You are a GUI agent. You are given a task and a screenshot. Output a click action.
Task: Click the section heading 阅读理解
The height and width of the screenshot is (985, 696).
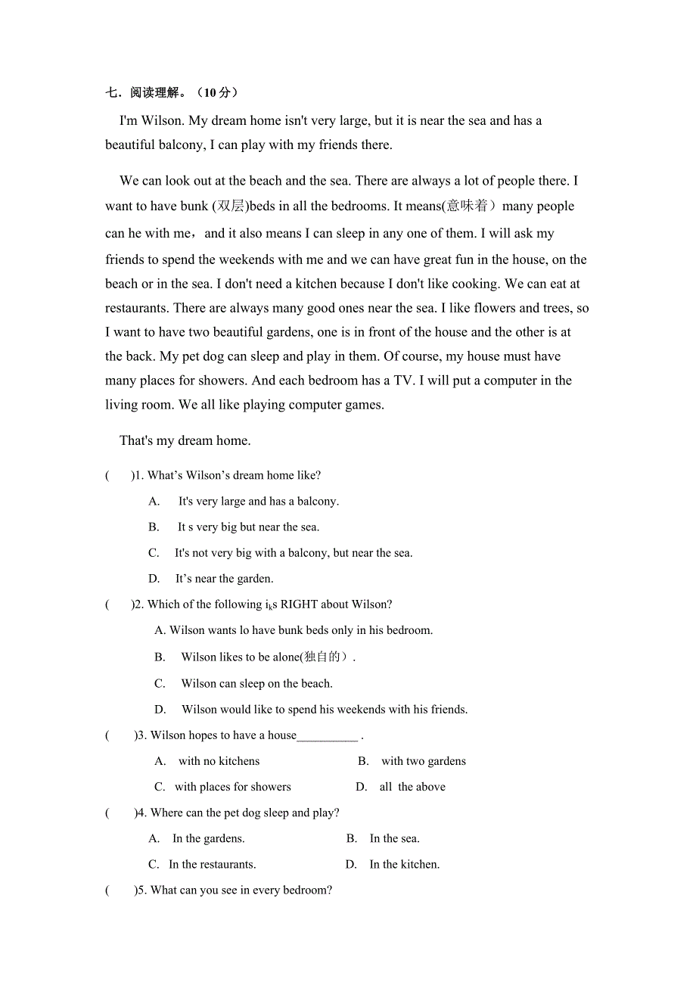155,92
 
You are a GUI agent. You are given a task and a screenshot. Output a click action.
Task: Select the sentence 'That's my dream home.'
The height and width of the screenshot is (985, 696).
185,440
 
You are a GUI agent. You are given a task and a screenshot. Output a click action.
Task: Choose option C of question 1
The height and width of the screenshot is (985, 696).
294,553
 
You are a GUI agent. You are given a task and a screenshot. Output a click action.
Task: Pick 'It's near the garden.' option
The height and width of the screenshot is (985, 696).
224,579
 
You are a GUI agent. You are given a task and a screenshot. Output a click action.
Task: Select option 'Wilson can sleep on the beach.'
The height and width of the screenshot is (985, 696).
256,684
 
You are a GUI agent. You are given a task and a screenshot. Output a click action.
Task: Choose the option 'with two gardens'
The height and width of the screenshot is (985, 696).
423,761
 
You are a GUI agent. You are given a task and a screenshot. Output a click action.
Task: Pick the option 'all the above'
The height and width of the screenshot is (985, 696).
412,787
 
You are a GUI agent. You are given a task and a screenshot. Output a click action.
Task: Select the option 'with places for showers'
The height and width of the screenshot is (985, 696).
232,787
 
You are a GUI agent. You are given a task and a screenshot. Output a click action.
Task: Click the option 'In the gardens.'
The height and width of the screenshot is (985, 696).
208,838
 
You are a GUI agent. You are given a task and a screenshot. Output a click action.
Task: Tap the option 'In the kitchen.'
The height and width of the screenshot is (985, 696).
404,864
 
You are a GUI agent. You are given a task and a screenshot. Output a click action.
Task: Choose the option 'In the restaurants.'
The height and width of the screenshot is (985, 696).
212,864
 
